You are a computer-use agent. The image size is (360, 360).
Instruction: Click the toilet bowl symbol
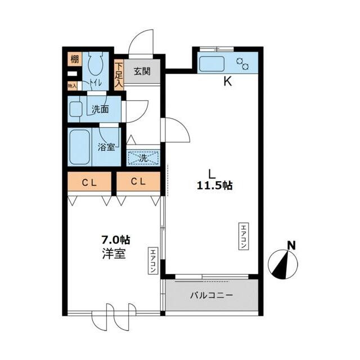pyautogui.click(x=95, y=64)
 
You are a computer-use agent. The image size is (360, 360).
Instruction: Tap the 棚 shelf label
pyautogui.click(x=75, y=59)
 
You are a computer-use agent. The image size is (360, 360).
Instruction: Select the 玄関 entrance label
pyautogui.click(x=142, y=71)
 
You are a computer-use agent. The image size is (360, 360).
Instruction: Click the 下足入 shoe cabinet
pyautogui.click(x=119, y=75)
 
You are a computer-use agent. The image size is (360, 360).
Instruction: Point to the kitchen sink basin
pyautogui.click(x=211, y=64)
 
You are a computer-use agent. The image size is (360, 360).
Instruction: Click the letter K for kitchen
pyautogui.click(x=228, y=81)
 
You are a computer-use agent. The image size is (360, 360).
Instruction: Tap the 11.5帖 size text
pyautogui.click(x=215, y=185)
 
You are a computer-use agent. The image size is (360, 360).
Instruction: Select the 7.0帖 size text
pyautogui.click(x=116, y=240)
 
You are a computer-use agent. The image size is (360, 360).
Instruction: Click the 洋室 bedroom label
pyautogui.click(x=114, y=254)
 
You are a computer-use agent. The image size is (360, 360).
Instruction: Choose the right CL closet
pyautogui.click(x=138, y=181)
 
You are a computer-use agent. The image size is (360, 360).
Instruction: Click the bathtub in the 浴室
pyautogui.click(x=79, y=147)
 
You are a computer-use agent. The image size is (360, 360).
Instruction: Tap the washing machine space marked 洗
pyautogui.click(x=143, y=158)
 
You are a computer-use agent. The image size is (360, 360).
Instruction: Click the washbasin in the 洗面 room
pyautogui.click(x=76, y=109)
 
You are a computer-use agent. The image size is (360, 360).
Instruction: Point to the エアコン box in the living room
pyautogui.click(x=244, y=236)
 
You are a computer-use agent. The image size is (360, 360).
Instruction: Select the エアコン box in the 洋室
pyautogui.click(x=153, y=260)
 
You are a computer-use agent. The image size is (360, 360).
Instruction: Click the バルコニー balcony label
pyautogui.click(x=211, y=295)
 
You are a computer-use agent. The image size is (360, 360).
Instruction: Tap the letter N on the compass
pyautogui.click(x=292, y=246)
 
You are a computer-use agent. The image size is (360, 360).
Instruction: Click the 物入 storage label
pyautogui.click(x=72, y=86)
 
